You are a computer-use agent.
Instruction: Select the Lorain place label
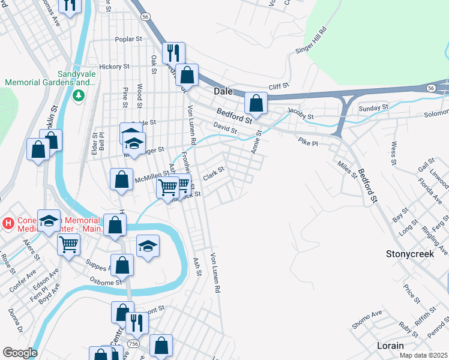[390, 346]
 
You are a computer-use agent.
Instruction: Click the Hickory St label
[115, 67]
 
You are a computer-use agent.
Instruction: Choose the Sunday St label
[373, 108]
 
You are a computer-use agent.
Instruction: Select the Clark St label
[213, 173]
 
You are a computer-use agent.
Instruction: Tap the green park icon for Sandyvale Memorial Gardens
[78, 95]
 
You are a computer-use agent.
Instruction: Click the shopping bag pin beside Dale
[256, 103]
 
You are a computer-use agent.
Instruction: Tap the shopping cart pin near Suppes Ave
[69, 244]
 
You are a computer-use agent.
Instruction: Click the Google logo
[19, 353]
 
